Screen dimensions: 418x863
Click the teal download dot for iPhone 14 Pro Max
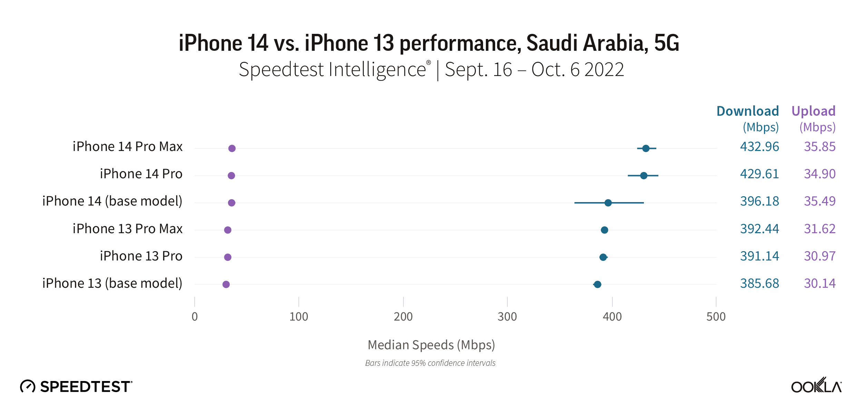[646, 149]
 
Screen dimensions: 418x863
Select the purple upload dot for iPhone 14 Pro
[231, 175]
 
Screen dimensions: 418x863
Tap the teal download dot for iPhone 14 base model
[608, 203]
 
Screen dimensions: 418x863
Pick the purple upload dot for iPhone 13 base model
[226, 284]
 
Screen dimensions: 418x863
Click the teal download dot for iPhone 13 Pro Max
[604, 230]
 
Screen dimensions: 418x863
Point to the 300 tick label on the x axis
[507, 316]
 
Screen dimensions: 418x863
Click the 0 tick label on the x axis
[195, 316]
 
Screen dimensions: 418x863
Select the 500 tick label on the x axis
[716, 316]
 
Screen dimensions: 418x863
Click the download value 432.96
[759, 147]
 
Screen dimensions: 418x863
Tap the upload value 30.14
[820, 284]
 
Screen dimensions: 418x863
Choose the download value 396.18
[759, 201]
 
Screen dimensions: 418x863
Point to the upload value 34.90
[820, 174]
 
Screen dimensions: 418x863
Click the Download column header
[747, 111]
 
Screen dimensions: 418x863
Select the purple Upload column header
[813, 111]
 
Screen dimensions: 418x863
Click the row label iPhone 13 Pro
[141, 256]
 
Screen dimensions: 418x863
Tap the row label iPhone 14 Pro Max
[127, 147]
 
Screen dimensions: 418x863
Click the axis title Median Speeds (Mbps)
[431, 345]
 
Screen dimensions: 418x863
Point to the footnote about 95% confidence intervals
[430, 363]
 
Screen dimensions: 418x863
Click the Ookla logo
[816, 386]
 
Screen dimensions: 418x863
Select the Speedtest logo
[76, 386]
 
